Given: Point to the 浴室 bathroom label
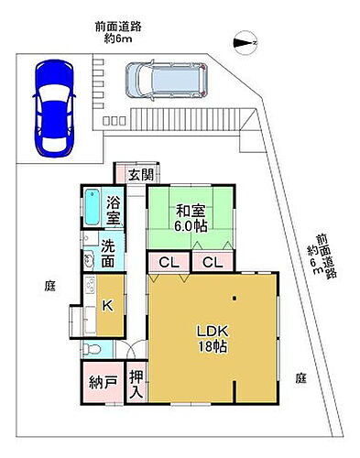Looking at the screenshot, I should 115,210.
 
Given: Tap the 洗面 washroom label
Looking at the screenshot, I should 109,254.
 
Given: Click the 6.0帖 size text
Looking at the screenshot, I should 191,226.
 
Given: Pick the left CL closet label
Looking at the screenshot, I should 168,262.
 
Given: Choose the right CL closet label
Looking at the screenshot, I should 213,262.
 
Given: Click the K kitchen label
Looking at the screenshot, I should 107,307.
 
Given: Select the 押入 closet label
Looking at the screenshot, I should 136,383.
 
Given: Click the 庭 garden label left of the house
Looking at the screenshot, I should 50,286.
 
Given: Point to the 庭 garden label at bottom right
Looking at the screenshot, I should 300,377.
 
